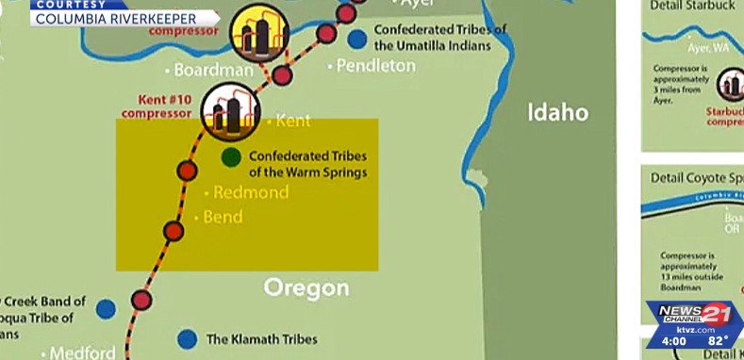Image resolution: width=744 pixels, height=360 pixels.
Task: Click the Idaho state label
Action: click(x=557, y=113)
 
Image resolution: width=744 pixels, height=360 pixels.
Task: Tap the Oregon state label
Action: click(x=306, y=287)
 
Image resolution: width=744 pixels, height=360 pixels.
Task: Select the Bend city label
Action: click(x=222, y=218)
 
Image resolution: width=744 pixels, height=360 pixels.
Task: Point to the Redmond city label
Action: click(x=250, y=192)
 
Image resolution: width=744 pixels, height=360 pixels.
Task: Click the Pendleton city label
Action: click(x=375, y=66)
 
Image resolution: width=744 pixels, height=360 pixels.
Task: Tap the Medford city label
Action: click(x=82, y=353)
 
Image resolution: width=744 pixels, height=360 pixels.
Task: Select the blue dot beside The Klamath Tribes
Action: click(x=188, y=338)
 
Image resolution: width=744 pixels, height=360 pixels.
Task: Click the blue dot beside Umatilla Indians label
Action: click(x=356, y=39)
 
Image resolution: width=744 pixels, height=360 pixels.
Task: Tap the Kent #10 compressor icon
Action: click(x=230, y=109)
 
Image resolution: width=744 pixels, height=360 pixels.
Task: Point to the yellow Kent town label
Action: click(x=292, y=122)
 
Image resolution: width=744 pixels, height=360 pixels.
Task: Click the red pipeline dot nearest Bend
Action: click(x=173, y=231)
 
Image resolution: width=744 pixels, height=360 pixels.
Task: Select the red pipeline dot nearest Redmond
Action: click(x=187, y=171)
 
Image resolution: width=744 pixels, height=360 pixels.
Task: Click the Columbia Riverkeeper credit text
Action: click(x=116, y=17)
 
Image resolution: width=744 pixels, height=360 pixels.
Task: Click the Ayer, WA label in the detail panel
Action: click(x=707, y=47)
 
